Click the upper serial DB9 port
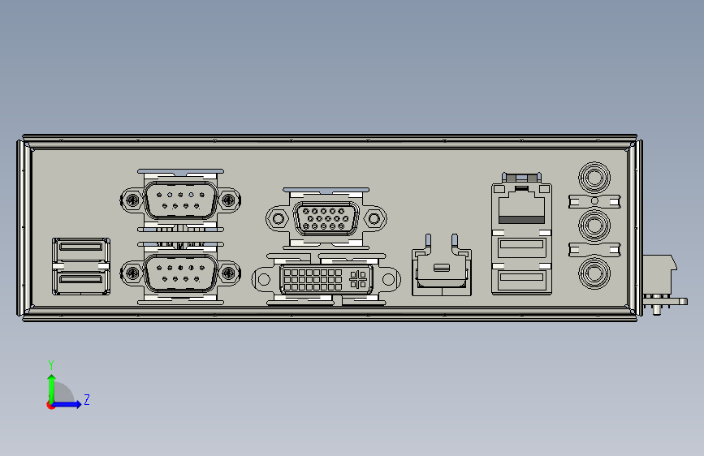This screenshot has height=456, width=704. [180, 200]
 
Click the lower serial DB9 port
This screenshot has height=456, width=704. [180, 273]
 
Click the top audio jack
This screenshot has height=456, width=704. [594, 175]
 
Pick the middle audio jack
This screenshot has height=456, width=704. [594, 224]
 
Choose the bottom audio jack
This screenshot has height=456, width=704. [594, 273]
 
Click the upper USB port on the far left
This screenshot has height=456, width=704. [80, 249]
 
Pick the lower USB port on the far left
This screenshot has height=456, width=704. [80, 281]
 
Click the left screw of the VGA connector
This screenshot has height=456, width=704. [279, 218]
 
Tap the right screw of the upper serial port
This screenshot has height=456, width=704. [230, 199]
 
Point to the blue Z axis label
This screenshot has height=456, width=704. [86, 400]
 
